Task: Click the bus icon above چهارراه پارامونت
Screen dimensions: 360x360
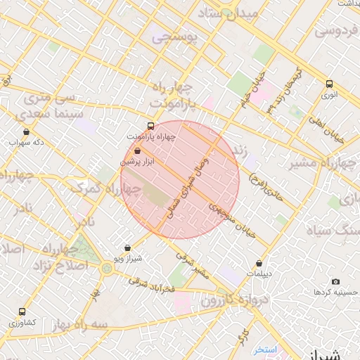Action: [151, 125]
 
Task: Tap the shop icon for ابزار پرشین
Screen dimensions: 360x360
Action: [137, 150]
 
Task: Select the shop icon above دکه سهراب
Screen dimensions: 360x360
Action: [27, 131]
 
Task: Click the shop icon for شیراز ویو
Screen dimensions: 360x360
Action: [127, 247]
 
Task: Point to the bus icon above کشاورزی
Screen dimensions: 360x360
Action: [22, 311]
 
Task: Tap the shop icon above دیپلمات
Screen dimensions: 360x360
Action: [259, 264]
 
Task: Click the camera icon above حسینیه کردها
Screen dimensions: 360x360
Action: [335, 281]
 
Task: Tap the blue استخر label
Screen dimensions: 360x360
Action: [266, 349]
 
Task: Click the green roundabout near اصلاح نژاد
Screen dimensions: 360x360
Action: [106, 268]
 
